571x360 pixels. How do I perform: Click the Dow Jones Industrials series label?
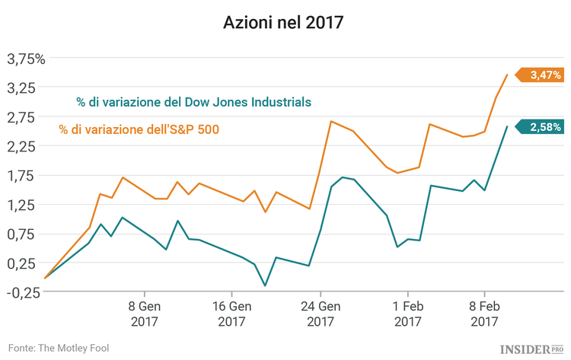193,101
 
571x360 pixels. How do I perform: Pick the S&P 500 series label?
139,129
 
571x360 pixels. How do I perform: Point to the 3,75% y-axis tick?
27,59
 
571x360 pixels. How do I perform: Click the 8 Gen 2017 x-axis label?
143,314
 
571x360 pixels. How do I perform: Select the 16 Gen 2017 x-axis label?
231,314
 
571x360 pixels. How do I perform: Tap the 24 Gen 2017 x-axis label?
320,314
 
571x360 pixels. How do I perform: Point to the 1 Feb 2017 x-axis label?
407,314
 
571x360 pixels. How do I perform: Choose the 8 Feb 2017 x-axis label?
484,314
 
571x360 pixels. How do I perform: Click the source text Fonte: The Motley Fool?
59,347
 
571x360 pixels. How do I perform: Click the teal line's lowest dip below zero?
265,286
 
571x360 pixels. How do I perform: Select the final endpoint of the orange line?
508,75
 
